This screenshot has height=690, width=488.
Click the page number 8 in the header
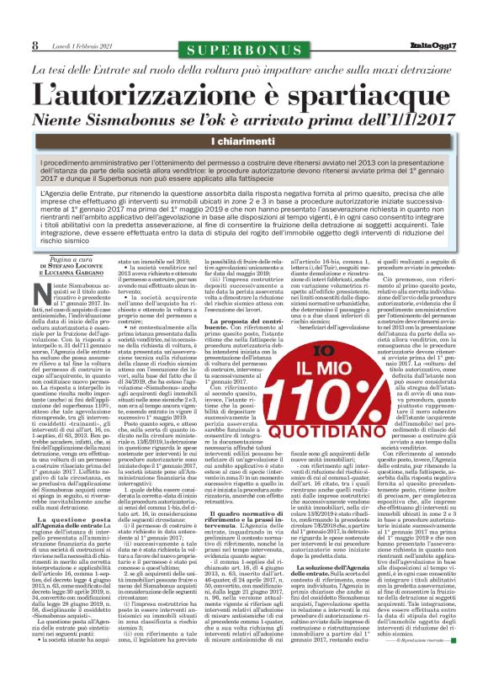coord(35,44)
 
